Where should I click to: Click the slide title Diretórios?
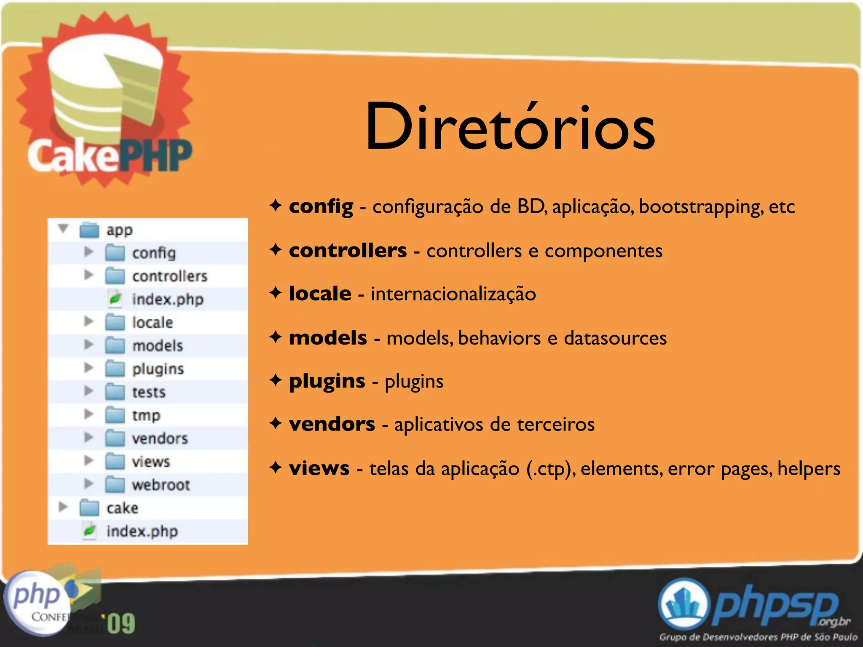pos(510,126)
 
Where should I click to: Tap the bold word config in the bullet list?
pos(321,206)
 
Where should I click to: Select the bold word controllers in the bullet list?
pos(348,251)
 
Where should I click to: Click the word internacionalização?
pos(453,294)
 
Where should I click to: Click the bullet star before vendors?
pos(276,423)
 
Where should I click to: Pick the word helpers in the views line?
pos(809,468)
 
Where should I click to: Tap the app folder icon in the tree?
pos(89,230)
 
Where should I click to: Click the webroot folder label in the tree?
pos(161,485)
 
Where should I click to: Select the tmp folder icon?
pos(115,415)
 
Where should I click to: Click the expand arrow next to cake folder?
pos(63,507)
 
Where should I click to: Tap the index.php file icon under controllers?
pos(115,299)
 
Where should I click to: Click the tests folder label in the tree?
pos(149,392)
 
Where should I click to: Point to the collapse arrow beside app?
pos(63,229)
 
